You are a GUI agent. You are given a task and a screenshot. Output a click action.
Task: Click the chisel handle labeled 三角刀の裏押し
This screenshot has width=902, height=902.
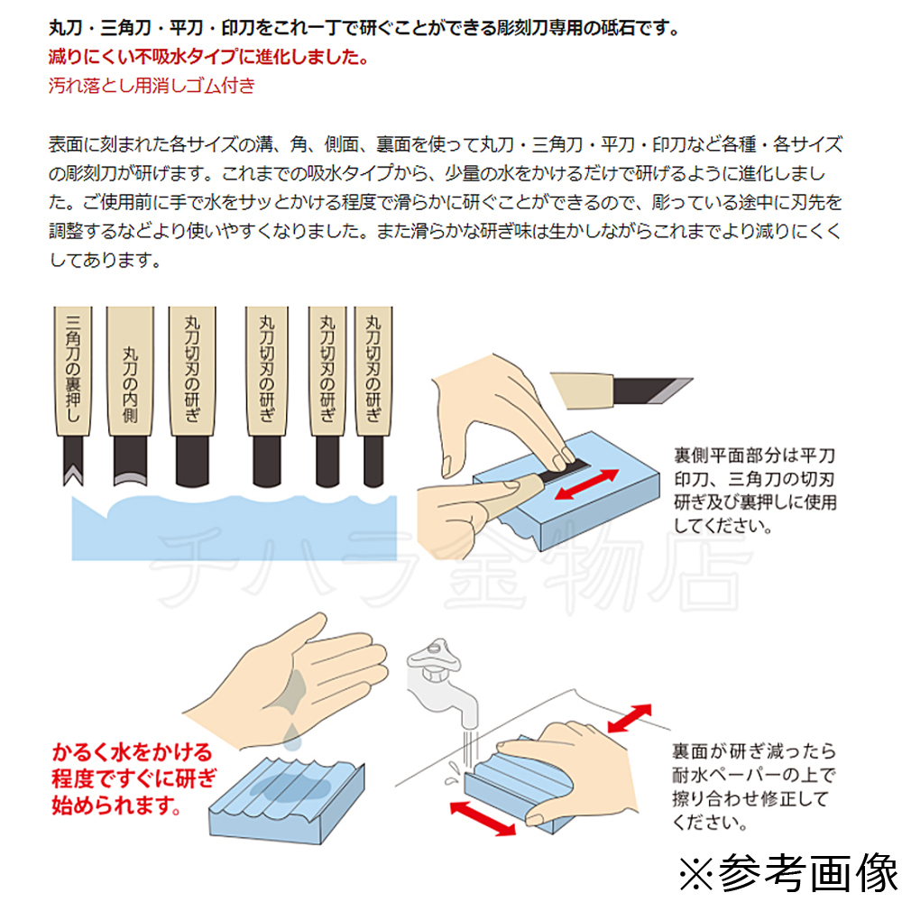click(x=72, y=371)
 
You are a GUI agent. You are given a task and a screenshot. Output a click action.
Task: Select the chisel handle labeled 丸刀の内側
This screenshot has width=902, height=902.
click(x=130, y=371)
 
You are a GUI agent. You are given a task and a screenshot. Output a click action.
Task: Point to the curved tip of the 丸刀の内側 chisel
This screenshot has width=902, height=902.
click(x=130, y=479)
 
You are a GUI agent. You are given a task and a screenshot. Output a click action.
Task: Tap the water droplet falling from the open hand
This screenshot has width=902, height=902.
click(x=292, y=738)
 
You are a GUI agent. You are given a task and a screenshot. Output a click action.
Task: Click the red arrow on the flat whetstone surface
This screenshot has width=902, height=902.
click(x=587, y=483)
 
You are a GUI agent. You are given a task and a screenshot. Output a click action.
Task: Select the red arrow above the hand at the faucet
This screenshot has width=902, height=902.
click(x=630, y=718)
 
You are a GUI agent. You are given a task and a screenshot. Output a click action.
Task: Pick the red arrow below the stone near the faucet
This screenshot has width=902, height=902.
click(x=482, y=818)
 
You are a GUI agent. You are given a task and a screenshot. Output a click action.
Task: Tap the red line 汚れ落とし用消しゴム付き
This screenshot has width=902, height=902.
click(x=152, y=86)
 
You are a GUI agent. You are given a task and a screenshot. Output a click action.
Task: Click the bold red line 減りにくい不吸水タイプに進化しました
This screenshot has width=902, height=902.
click(x=208, y=56)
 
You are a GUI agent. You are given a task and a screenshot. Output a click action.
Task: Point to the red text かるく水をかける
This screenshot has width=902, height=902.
click(x=133, y=752)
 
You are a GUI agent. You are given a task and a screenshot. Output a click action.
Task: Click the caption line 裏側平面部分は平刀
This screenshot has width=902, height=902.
click(x=754, y=456)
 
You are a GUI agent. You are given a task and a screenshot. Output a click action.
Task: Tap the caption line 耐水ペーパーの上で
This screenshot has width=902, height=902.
click(x=753, y=775)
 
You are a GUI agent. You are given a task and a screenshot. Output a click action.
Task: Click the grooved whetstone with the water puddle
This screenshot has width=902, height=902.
click(x=287, y=799)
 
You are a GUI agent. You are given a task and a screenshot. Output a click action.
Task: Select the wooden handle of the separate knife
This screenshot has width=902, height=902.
click(x=582, y=390)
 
